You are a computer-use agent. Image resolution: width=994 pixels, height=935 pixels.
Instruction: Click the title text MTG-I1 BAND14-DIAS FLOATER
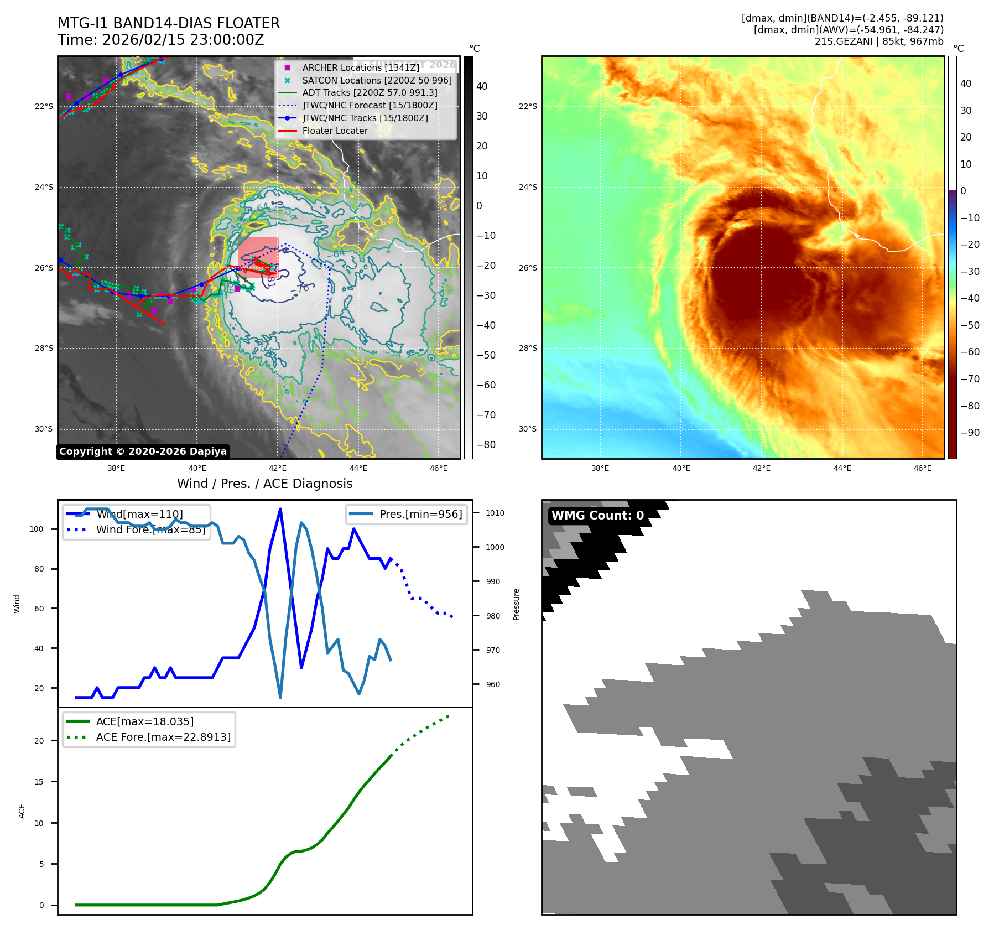pos(169,23)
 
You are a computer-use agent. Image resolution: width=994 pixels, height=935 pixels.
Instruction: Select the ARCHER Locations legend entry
pos(360,67)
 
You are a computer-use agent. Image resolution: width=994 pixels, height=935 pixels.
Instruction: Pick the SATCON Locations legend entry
pos(376,80)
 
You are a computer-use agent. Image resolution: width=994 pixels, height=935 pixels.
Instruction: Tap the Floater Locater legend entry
pos(335,131)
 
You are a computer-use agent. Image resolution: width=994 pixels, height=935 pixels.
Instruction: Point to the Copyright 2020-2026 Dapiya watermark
pos(143,451)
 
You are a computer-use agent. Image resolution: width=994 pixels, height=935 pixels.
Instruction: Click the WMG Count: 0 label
pos(597,515)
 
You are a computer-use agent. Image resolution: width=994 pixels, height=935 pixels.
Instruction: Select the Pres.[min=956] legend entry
pos(420,514)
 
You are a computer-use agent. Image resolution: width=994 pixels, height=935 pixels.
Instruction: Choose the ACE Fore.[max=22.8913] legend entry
pos(163,737)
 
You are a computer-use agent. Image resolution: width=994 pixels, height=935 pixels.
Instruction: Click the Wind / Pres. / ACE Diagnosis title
pos(264,484)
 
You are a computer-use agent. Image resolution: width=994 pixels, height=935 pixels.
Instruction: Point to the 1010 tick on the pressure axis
pos(495,513)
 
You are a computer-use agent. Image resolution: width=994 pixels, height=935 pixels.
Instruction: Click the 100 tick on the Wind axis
pos(37,529)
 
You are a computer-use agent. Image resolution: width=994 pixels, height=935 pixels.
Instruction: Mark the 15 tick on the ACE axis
pos(39,782)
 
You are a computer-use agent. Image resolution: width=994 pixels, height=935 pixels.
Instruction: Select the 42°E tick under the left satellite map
pos(278,468)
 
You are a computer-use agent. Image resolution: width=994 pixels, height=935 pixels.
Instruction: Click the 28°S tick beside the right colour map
pos(528,348)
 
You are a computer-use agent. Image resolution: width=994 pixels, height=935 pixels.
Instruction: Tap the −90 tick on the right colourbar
pos(970,433)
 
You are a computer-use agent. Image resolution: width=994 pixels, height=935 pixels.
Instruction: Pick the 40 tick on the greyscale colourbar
pos(482,86)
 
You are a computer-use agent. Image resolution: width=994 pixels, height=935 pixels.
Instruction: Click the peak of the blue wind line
pos(280,509)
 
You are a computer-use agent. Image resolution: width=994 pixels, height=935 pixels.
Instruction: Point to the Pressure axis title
pos(516,604)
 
